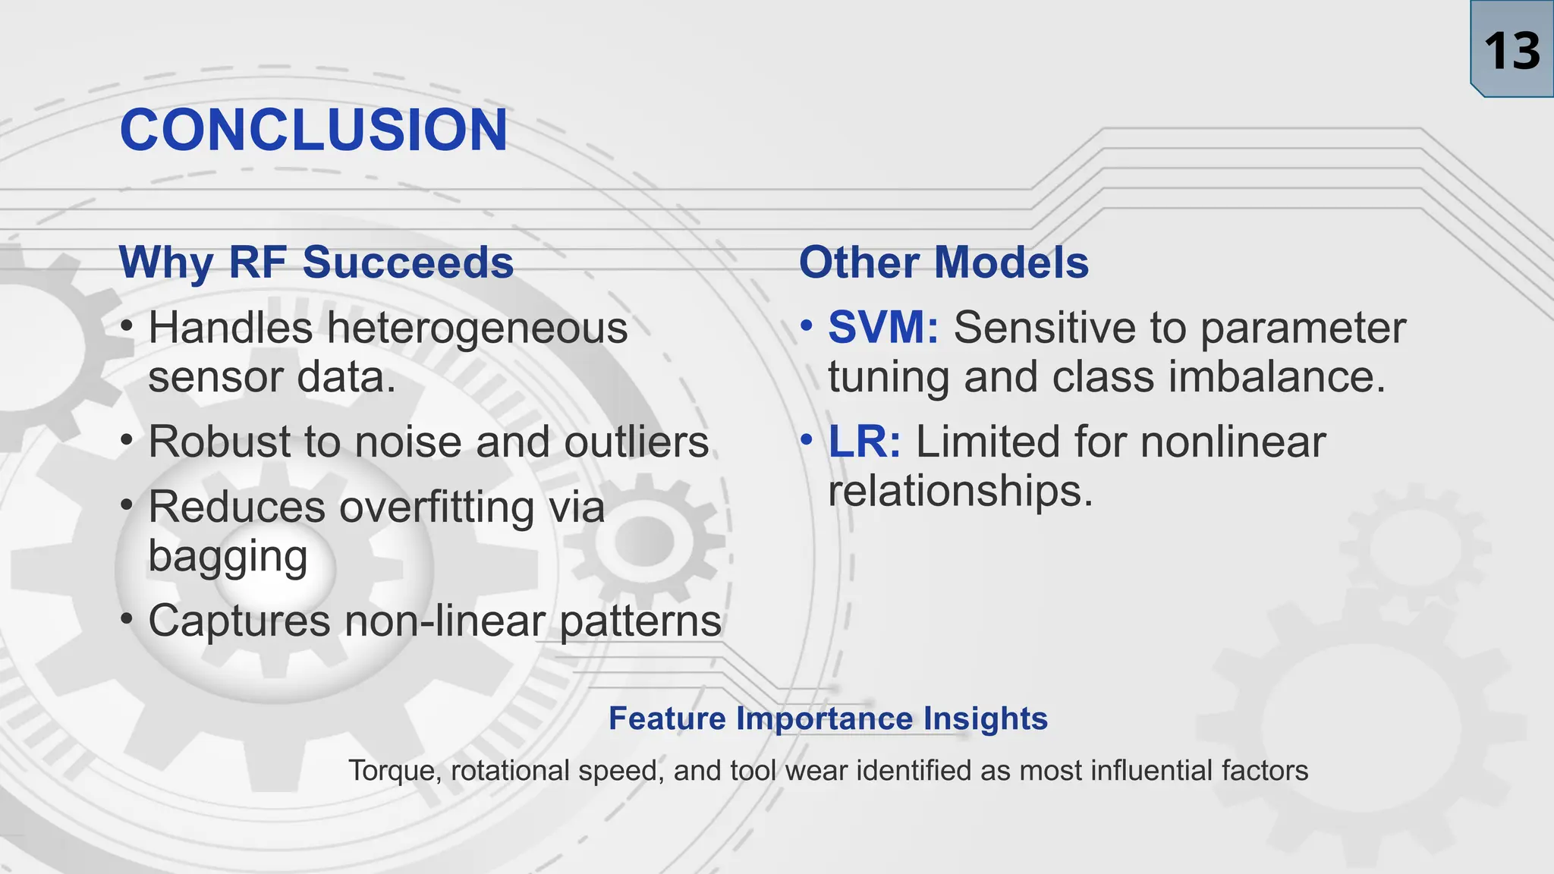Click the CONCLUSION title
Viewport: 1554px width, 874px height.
[313, 130]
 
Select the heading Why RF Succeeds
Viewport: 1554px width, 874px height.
[316, 263]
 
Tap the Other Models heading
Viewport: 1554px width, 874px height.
[943, 263]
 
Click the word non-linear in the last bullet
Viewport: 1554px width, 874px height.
[445, 621]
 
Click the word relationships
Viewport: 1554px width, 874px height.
[960, 491]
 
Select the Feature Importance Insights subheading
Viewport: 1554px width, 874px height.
[828, 718]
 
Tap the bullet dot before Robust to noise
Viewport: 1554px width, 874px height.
[127, 440]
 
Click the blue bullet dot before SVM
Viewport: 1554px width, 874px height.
[807, 326]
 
